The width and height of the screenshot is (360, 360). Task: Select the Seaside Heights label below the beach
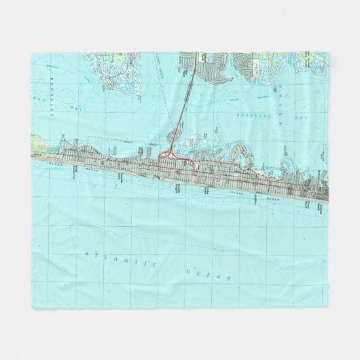[178, 184]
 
